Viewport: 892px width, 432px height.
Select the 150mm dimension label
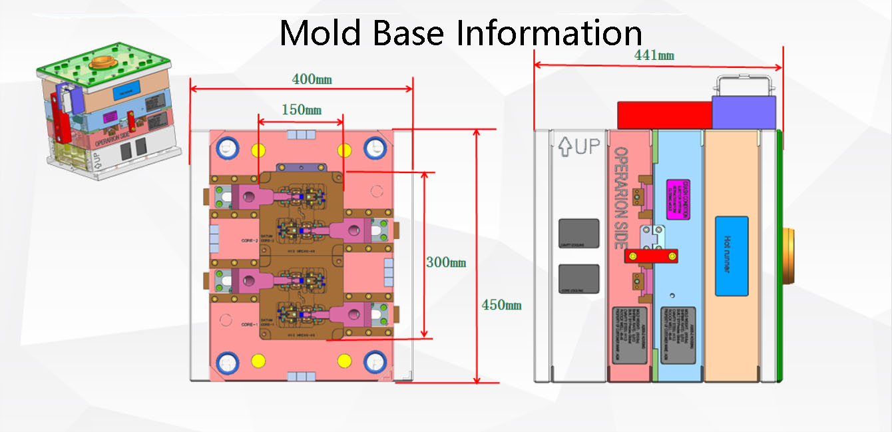click(301, 109)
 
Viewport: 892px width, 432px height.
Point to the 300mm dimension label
click(446, 262)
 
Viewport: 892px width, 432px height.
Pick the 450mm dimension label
click(502, 306)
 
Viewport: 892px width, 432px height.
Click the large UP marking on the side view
click(578, 146)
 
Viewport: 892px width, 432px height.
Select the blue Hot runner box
click(732, 256)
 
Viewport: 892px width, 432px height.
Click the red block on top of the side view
click(664, 115)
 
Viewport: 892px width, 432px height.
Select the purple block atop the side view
click(744, 112)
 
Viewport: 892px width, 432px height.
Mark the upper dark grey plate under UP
click(578, 234)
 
